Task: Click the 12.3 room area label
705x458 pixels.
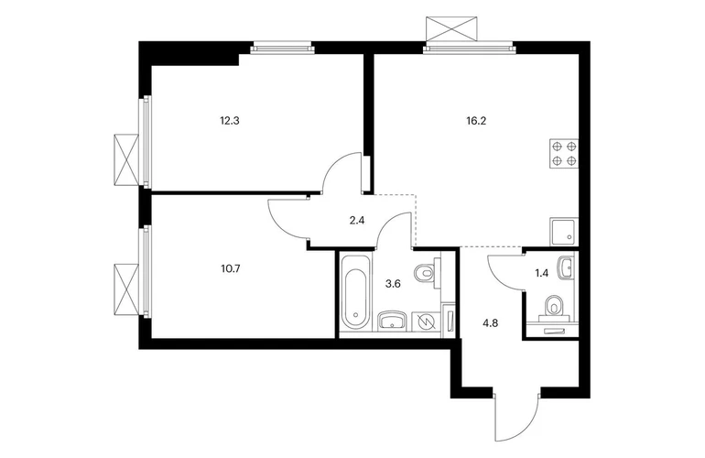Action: [229, 121]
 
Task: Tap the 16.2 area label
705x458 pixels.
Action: [477, 121]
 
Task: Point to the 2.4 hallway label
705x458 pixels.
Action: [357, 221]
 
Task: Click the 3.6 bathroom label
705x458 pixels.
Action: [393, 284]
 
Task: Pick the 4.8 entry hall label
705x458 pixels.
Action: [490, 322]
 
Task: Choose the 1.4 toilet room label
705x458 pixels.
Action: [542, 273]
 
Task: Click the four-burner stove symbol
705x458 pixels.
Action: [564, 153]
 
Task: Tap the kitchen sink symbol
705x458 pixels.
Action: [564, 232]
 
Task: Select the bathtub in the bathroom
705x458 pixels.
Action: [355, 293]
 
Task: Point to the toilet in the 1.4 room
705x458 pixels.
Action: [556, 307]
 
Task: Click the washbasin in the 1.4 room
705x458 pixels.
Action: [566, 267]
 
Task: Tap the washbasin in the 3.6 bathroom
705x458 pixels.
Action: [393, 321]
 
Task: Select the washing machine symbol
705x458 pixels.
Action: [425, 322]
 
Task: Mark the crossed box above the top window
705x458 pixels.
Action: [451, 28]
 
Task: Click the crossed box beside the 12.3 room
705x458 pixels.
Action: [126, 159]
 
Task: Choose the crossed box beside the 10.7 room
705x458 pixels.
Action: [126, 289]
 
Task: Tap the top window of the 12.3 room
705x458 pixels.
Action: [282, 48]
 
